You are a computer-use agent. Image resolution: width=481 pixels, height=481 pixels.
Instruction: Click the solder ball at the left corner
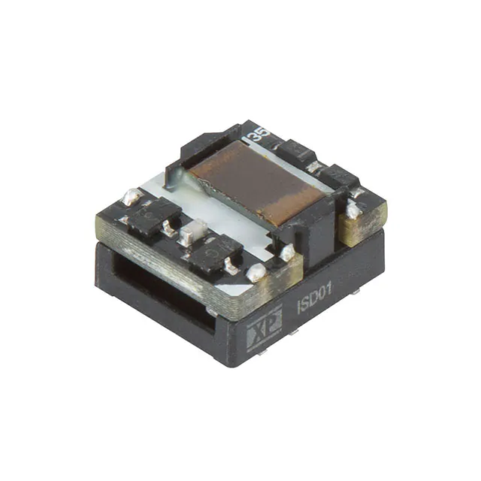click(x=132, y=197)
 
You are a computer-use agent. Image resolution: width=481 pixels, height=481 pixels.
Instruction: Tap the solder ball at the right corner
click(x=352, y=210)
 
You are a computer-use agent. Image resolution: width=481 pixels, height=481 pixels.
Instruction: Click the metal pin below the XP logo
click(x=260, y=350)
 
